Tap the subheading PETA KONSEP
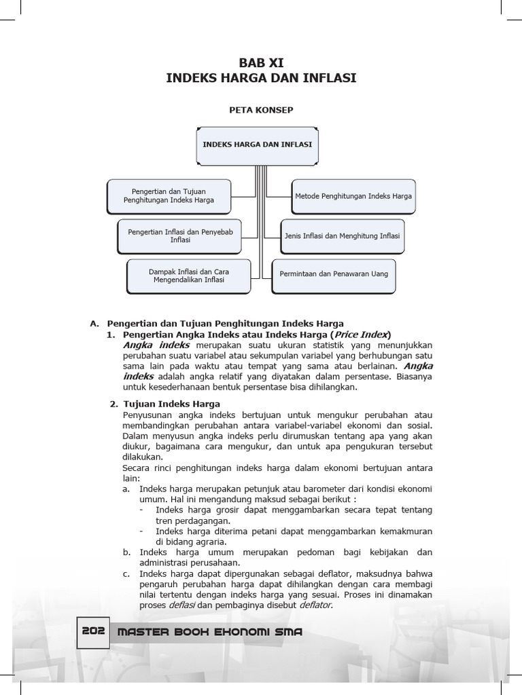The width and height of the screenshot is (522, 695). [261, 110]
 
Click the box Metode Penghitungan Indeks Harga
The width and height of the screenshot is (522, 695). [353, 195]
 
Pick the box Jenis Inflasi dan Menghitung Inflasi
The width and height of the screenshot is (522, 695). [342, 236]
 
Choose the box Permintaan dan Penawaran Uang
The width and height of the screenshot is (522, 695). [334, 274]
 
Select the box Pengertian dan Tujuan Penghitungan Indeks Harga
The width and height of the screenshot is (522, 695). [169, 195]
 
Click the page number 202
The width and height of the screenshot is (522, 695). [93, 631]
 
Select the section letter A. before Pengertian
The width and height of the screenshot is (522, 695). [94, 323]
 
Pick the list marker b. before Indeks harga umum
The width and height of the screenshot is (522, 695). [127, 552]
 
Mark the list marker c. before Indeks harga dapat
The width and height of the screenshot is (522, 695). [127, 574]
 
